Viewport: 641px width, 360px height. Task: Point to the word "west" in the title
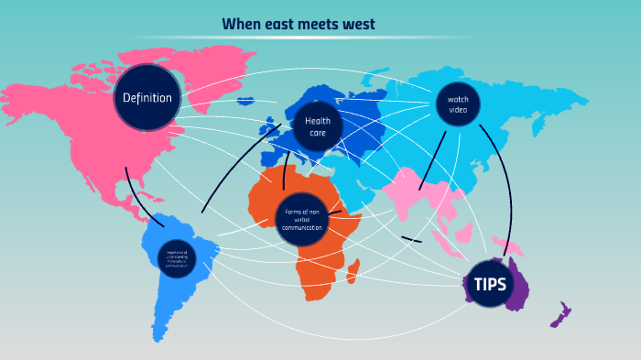click(361, 24)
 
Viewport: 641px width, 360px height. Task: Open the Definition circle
click(147, 97)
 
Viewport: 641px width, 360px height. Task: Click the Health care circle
click(317, 126)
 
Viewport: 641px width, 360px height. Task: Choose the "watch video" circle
click(457, 104)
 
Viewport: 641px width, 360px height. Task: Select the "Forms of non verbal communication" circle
click(302, 219)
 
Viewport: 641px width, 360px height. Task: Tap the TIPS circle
click(488, 284)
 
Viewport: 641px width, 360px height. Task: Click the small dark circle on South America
click(177, 256)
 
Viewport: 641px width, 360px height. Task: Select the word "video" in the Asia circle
click(457, 110)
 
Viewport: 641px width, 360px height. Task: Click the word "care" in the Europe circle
click(317, 133)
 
